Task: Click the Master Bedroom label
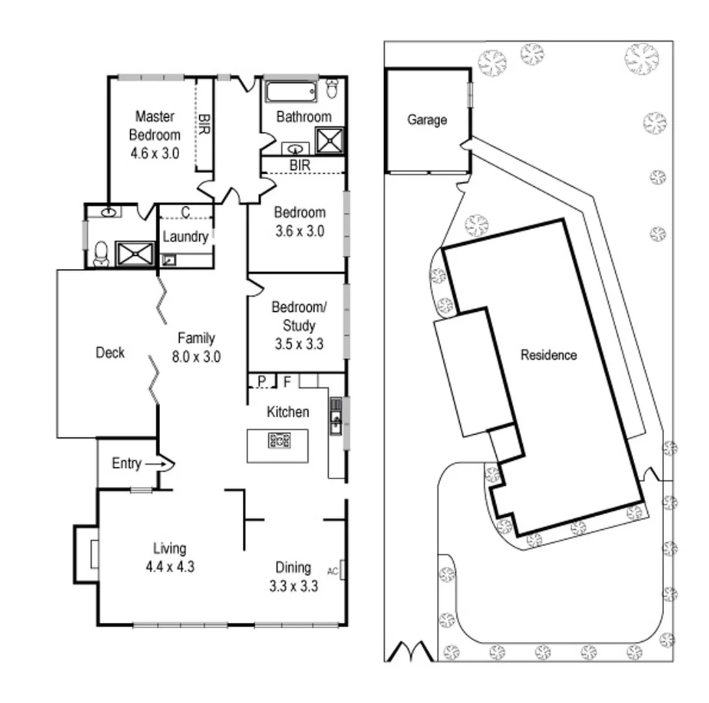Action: [154, 126]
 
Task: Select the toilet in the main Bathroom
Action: [333, 89]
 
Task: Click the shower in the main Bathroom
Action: [329, 140]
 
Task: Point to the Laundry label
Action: [186, 237]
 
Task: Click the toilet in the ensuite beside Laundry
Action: [102, 254]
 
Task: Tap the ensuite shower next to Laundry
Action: [135, 254]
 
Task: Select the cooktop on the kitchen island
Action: [279, 441]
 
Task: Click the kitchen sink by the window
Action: [336, 417]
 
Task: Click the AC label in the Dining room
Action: [333, 572]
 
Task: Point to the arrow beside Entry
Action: [157, 464]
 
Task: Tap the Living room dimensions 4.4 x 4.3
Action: [169, 566]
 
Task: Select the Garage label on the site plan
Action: [427, 120]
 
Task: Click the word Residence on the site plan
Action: [548, 355]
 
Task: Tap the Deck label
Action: [110, 353]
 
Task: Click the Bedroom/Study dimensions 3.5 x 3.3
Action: [298, 344]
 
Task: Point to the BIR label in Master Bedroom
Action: [204, 124]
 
